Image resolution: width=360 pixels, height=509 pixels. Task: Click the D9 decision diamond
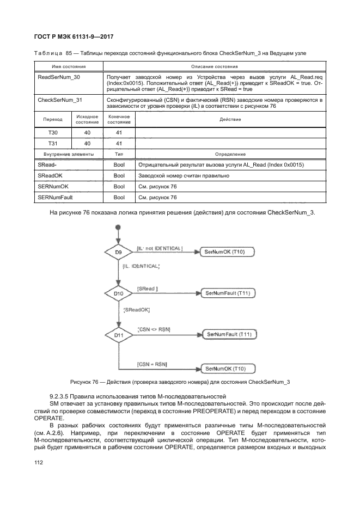point(118,252)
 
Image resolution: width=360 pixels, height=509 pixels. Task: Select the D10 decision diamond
point(118,293)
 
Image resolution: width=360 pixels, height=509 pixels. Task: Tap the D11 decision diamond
point(119,335)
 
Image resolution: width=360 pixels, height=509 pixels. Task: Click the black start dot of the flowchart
point(118,227)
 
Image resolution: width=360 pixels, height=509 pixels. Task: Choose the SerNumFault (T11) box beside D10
point(228,293)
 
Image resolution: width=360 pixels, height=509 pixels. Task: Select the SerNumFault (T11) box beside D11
point(229,334)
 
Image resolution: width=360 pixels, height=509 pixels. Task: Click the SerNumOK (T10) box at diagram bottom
point(229,369)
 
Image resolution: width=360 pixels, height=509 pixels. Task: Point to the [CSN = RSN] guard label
point(152,364)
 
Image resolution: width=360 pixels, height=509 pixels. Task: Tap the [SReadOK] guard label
point(136,310)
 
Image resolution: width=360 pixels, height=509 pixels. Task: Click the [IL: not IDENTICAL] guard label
point(160,248)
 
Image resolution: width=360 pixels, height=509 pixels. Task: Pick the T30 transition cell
point(53,132)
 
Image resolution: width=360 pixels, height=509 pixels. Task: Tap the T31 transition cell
point(53,143)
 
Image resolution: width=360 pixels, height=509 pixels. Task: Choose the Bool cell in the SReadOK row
point(119,176)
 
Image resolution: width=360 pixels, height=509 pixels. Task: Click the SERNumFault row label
point(55,198)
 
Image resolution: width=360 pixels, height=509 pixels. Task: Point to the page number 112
point(38,463)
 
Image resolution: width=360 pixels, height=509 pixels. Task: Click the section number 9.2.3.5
point(59,396)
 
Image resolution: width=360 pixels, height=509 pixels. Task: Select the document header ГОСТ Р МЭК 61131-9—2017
point(74,36)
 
